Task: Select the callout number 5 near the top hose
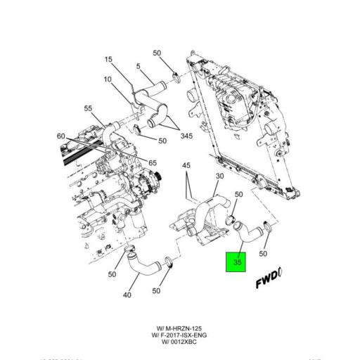(x=139, y=67)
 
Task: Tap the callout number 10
(x=108, y=79)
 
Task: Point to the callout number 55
(x=89, y=108)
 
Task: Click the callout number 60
(x=61, y=136)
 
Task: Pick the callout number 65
(x=152, y=162)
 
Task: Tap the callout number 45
(x=186, y=167)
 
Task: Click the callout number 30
(x=219, y=176)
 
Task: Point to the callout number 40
(x=127, y=295)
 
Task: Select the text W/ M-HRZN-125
(x=179, y=328)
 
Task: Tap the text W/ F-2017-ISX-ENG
(x=179, y=335)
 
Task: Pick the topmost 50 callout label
(x=157, y=53)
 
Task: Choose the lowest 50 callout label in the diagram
(x=157, y=290)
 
